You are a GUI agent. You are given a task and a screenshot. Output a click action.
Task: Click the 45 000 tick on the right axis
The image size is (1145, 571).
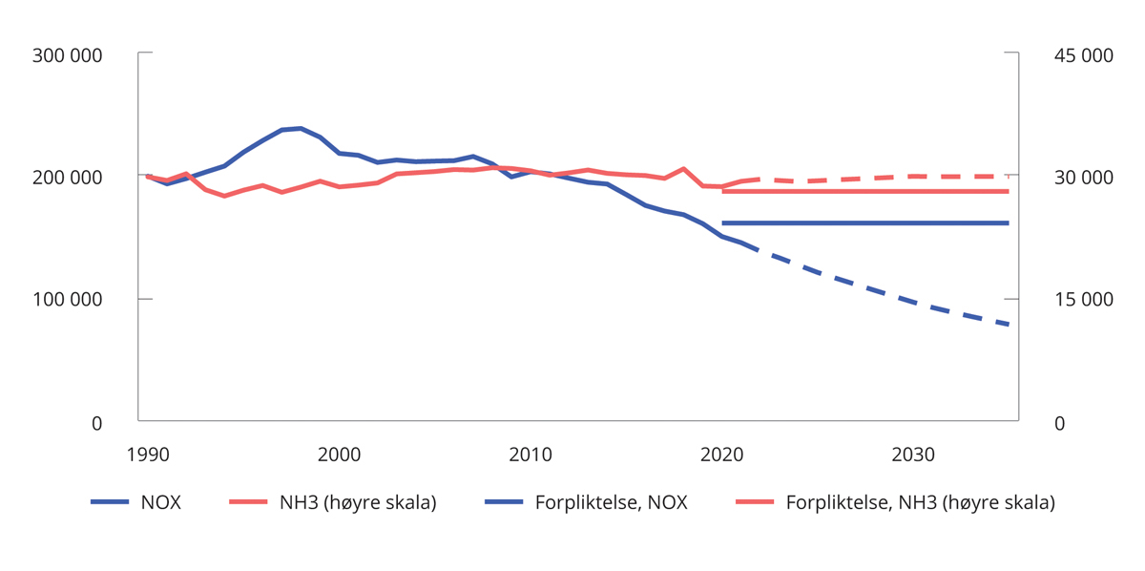(x=1082, y=55)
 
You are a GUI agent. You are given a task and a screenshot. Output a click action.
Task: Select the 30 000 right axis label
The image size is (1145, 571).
(x=1082, y=178)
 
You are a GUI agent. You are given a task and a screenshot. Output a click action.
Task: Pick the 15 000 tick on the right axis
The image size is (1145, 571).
(x=1082, y=300)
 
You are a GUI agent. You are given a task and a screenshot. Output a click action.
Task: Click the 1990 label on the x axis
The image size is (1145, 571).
(x=148, y=455)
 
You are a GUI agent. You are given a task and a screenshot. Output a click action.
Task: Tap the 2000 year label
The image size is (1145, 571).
(x=340, y=455)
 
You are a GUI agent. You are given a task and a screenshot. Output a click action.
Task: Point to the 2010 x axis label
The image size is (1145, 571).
(x=531, y=455)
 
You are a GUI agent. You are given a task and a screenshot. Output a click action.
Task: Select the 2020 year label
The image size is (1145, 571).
(x=722, y=455)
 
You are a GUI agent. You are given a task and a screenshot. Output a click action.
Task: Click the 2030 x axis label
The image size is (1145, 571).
(x=913, y=455)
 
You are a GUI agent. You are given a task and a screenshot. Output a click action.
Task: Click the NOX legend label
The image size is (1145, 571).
(x=159, y=503)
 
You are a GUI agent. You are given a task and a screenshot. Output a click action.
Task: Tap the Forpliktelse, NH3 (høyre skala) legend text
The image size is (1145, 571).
(x=920, y=503)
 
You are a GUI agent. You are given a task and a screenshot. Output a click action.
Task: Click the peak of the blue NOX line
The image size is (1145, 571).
(x=301, y=128)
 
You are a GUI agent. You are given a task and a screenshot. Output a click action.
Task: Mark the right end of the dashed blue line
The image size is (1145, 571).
(x=1009, y=325)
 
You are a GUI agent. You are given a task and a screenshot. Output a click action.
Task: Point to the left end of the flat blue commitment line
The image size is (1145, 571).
(x=723, y=223)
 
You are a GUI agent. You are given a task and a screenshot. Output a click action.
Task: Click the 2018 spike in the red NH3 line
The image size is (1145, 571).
(x=684, y=169)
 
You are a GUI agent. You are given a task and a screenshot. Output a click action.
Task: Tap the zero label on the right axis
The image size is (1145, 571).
(x=1059, y=422)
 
